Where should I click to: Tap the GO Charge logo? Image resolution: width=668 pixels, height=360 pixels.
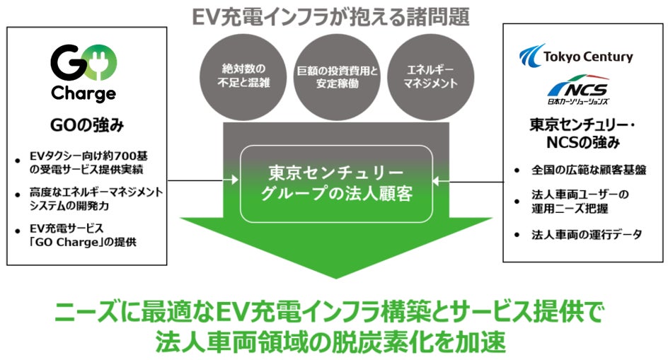click(x=83, y=72)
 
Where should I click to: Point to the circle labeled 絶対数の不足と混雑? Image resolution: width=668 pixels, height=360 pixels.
click(x=241, y=76)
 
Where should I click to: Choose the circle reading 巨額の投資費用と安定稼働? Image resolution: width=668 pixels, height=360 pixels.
click(x=337, y=76)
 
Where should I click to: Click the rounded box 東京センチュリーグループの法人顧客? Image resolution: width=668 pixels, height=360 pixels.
click(x=336, y=183)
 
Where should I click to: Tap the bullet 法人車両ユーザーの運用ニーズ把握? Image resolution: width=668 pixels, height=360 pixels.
click(x=580, y=202)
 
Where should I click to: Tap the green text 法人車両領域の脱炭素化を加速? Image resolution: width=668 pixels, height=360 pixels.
click(x=332, y=342)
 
